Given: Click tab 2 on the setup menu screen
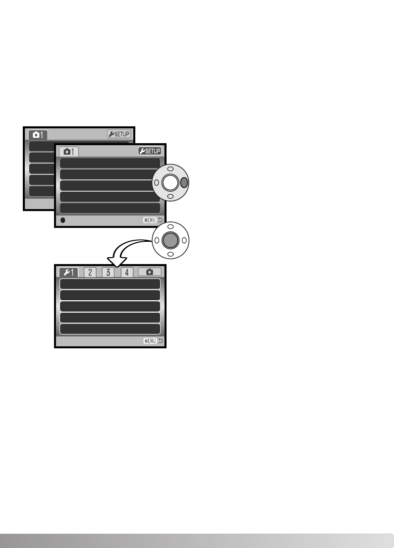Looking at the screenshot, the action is tap(90, 272).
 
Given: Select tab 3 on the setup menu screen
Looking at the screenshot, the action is tap(108, 272).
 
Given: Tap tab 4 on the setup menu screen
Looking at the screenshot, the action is tap(127, 272).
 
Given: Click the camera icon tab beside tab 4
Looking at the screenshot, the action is tap(150, 272).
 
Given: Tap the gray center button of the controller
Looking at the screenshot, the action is tap(170, 240).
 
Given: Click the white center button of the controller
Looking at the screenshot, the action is tap(170, 182).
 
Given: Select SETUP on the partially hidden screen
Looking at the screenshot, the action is tap(118, 134).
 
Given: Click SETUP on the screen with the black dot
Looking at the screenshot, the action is tap(149, 151).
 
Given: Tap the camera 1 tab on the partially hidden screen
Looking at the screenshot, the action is tap(38, 134).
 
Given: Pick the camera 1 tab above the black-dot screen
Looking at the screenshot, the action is tap(69, 152).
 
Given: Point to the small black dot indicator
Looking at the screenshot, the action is tap(63, 220).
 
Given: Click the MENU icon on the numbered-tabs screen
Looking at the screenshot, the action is tap(153, 341).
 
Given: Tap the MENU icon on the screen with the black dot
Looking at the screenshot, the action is tap(153, 220).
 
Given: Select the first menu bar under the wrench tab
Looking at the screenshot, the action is tap(110, 284).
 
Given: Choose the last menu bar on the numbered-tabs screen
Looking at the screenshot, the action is tap(110, 329).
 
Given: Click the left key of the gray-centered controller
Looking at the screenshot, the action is tap(156, 240).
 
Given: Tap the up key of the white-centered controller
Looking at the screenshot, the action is tap(170, 168).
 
